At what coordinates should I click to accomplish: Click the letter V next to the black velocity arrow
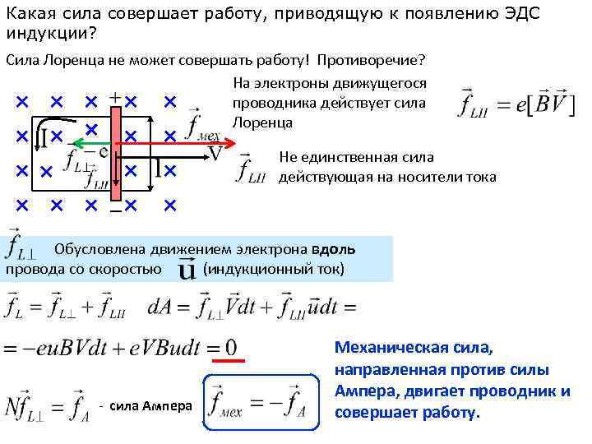click(x=215, y=155)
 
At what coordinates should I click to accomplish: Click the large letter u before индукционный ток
click(x=187, y=271)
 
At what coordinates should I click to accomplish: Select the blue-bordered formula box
click(x=259, y=405)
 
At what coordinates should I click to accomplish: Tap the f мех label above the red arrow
click(x=200, y=124)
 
